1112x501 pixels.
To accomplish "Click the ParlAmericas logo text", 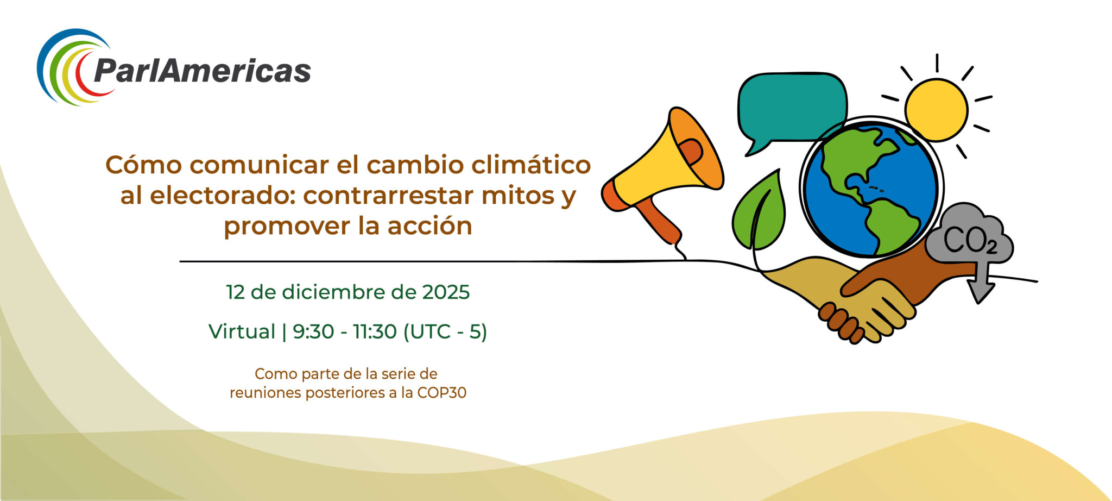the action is coord(202,71).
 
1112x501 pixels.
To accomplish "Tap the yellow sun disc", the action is coord(936,110).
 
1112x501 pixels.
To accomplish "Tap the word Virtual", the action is coord(242,331).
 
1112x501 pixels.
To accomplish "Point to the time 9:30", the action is coord(313,331).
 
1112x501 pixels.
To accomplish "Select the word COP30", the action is coord(441,393).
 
